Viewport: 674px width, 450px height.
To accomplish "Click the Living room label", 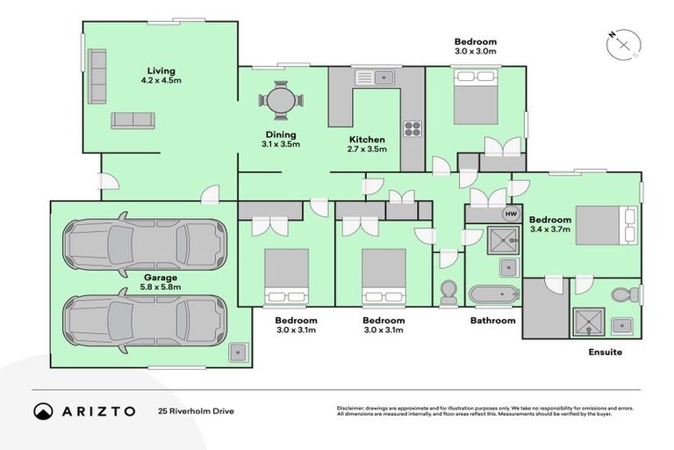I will coord(161,76).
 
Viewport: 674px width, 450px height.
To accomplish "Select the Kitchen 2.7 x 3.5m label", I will coord(367,144).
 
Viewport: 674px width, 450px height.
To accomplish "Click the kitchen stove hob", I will coord(412,128).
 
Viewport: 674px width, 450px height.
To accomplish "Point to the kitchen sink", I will coord(383,77).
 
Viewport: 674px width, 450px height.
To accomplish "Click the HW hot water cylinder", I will coord(510,214).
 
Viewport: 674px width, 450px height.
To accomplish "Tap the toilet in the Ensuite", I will coord(624,293).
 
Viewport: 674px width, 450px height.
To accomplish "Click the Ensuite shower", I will coord(584,323).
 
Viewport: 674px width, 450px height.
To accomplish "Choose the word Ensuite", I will coord(606,352).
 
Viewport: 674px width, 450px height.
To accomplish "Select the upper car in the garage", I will coord(144,239).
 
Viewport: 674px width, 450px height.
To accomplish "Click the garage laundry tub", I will coord(238,353).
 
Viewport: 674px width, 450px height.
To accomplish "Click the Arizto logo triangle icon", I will coord(43,410).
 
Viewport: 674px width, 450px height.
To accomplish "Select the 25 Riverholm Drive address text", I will coord(196,410).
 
